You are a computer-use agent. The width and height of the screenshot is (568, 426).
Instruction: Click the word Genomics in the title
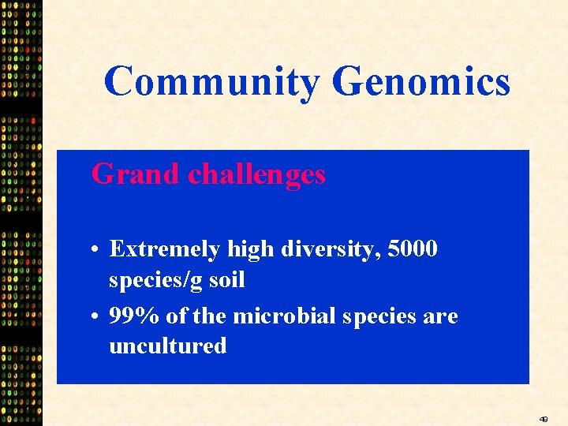[x=421, y=82]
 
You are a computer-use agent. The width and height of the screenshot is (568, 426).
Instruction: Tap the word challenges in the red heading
[x=256, y=174]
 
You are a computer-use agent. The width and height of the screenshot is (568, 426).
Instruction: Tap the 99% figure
[x=135, y=316]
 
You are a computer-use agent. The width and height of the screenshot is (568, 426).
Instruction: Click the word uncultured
[x=167, y=346]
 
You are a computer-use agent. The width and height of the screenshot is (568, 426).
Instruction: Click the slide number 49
[x=544, y=419]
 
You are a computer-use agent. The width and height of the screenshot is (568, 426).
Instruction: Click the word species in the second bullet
[x=381, y=317]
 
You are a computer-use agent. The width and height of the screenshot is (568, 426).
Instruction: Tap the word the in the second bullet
[x=208, y=316]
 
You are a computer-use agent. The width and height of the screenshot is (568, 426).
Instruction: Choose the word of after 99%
[x=177, y=316]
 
